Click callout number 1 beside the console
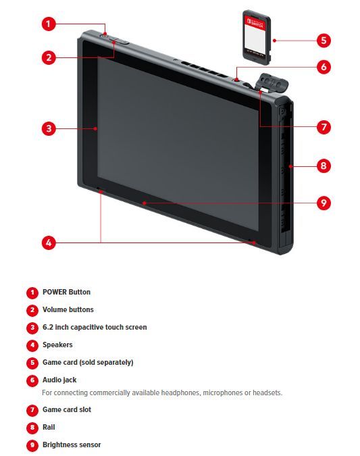coord(49,24)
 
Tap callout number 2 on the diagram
coord(49,57)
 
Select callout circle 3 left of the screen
coord(49,128)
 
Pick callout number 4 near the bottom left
coord(49,243)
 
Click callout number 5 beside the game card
coord(324,41)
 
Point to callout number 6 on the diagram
coord(324,67)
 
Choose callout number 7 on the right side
coord(324,127)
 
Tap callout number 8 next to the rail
coord(324,166)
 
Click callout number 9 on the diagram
coord(324,203)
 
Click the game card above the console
coord(257,37)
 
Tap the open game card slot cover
coord(273,82)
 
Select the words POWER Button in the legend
coord(66,292)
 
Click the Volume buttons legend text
coord(68,309)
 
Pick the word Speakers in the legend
coord(57,345)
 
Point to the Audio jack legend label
coord(59,380)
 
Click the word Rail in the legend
coord(49,427)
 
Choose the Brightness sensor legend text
coord(72,445)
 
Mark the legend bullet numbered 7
coord(32,410)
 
